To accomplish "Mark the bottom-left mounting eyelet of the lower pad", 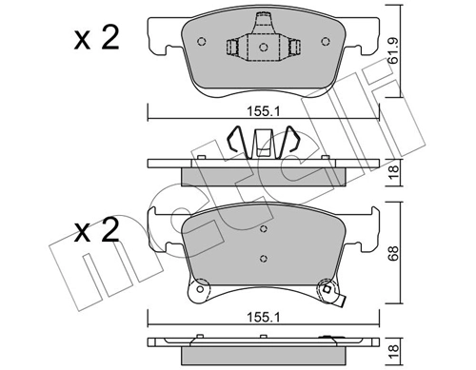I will tap(201, 289).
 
